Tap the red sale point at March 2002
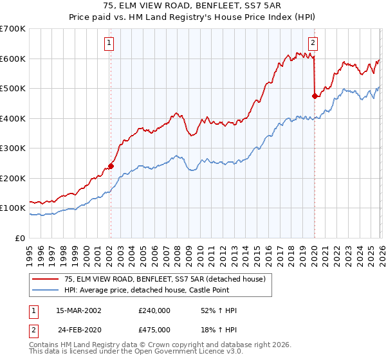pos(110,166)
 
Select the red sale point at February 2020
pos(315,96)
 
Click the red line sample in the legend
pos(45,278)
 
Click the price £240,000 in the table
pos(154,310)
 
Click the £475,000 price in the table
pos(154,329)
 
